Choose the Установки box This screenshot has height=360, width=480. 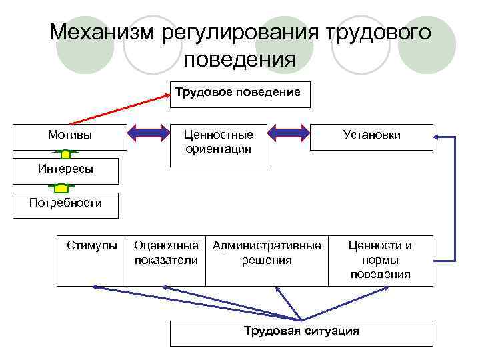tap(371, 135)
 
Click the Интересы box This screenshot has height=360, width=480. tap(65, 169)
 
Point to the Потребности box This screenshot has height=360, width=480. tap(65, 203)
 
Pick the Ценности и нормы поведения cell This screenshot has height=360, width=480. tap(380, 259)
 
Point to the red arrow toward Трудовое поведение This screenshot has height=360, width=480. tap(120, 109)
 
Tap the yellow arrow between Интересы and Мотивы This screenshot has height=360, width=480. tap(65, 155)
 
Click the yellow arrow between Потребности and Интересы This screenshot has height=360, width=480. tap(65, 189)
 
